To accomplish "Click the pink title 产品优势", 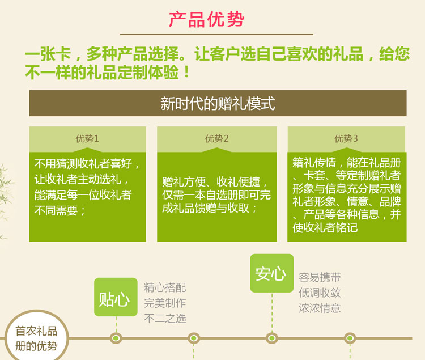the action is click(206, 19).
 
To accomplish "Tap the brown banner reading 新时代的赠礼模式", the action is click(218, 103).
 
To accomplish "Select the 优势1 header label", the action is click(87, 138).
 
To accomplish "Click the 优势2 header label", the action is click(217, 138).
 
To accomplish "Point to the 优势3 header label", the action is click(346, 138).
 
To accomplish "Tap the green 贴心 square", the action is click(116, 297).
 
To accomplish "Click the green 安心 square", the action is click(272, 273).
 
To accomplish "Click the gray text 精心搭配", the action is click(165, 287).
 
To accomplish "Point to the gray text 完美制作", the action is click(165, 303).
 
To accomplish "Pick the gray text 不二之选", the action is click(165, 318).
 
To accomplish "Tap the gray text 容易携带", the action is click(320, 277).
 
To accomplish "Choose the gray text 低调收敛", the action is click(320, 293).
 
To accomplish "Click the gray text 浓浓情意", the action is click(320, 308).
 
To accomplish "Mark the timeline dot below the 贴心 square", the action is click(116, 338).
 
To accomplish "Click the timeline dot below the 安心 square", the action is click(272, 338).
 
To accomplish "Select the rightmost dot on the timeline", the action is click(350, 338).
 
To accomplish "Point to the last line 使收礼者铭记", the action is click(325, 228).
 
